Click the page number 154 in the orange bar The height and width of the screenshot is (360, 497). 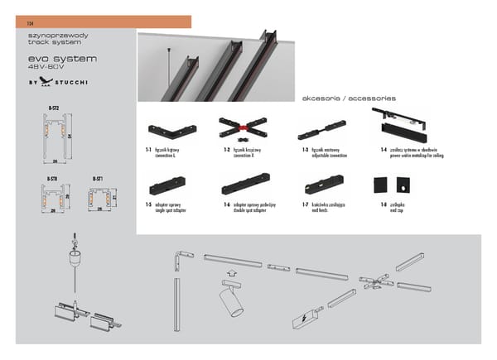[x=31, y=22]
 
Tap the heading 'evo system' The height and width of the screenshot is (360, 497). [x=63, y=60]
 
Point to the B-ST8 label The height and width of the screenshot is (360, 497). [x=51, y=178]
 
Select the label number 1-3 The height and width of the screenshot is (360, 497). [x=305, y=150]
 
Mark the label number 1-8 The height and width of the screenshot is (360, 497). [x=384, y=204]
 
